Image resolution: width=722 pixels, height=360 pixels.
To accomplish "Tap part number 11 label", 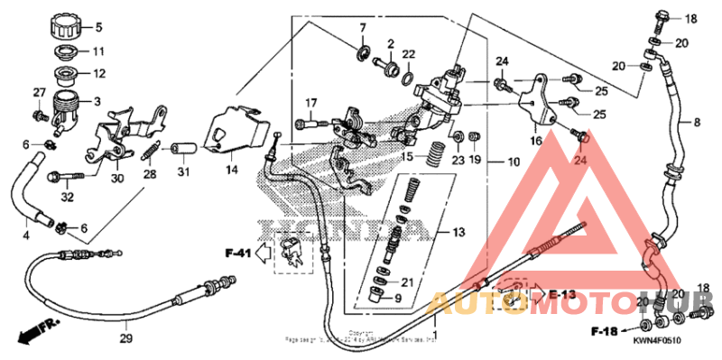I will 99,51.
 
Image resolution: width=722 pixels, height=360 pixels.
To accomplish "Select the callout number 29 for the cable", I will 126,338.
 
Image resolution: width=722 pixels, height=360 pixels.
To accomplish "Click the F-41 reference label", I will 237,253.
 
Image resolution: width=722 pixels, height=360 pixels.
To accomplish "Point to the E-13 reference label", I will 561,294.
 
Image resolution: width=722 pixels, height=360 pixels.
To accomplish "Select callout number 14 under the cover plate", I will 231,169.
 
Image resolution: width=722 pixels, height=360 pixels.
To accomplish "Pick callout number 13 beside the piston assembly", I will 458,232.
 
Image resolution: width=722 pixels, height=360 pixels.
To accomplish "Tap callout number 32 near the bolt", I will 66,196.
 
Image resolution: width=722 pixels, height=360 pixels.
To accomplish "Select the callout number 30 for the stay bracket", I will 116,178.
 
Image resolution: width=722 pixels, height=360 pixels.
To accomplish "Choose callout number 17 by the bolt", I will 311,101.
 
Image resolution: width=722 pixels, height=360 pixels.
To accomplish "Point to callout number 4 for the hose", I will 25,236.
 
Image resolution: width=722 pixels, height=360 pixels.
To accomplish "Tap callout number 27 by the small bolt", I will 39,93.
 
